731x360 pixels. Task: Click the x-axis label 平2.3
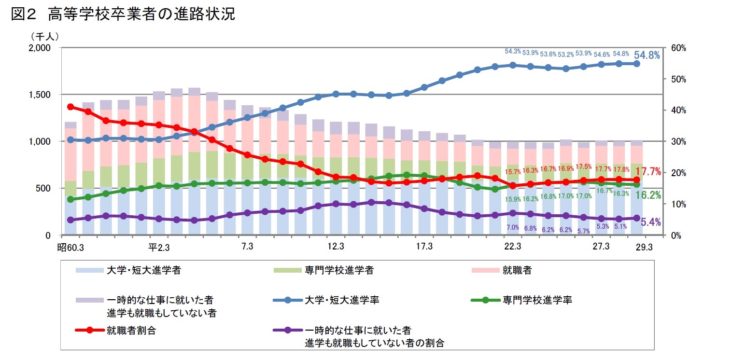[159, 247]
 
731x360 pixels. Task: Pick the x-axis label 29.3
[644, 247]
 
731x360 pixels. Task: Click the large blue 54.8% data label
[647, 55]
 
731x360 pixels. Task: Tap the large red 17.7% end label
[647, 171]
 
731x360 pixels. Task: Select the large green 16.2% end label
[647, 195]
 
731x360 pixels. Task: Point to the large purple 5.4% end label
[650, 222]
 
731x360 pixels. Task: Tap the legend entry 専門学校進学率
[537, 300]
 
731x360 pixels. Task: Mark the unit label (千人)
[44, 36]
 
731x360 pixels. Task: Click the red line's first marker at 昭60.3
[70, 107]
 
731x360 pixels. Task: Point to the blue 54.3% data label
[512, 52]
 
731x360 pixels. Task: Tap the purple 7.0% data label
[512, 227]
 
